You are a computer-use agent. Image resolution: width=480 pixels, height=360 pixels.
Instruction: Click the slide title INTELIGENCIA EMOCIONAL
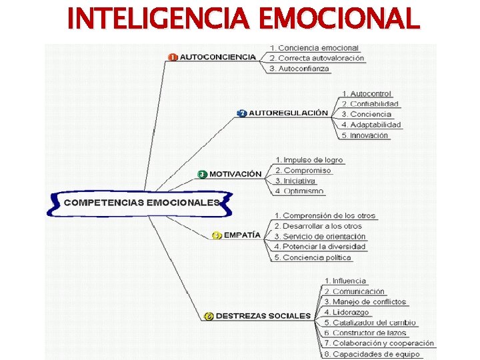click(x=244, y=18)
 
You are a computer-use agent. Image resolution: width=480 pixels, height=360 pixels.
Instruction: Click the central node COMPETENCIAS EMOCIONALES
click(x=141, y=202)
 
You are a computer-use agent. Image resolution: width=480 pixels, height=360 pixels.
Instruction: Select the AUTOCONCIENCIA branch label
click(x=218, y=57)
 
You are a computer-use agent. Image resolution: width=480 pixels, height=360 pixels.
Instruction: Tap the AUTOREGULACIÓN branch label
click(x=288, y=113)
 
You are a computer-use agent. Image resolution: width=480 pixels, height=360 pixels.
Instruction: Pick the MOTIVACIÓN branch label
click(x=235, y=174)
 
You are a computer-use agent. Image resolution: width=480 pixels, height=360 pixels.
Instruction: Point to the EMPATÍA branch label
click(x=242, y=235)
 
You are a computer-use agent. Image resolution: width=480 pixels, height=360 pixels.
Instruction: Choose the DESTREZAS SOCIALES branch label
click(x=263, y=315)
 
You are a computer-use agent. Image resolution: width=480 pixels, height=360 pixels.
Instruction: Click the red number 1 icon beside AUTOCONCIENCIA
click(x=173, y=57)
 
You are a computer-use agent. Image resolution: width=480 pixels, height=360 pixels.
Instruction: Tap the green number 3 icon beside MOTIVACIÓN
click(x=202, y=174)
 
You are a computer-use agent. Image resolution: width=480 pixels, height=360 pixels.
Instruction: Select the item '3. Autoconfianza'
click(x=299, y=69)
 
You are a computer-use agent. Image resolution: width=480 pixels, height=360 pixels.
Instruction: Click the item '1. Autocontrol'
click(x=366, y=94)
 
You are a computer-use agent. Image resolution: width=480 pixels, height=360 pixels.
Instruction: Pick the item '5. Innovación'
click(x=364, y=135)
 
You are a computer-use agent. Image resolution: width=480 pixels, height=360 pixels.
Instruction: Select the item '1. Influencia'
click(x=345, y=281)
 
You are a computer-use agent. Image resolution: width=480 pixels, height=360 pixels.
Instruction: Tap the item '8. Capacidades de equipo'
click(x=373, y=354)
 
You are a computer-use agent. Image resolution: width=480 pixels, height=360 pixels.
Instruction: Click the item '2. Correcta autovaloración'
click(x=317, y=58)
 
